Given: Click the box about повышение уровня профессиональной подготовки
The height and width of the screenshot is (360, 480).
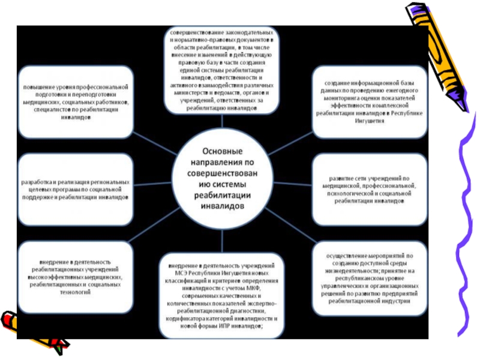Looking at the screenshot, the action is click(76, 101).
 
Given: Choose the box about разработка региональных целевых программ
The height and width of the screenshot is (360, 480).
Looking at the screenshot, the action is click(76, 188).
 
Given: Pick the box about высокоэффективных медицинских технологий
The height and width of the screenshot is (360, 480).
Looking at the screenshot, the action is click(76, 277).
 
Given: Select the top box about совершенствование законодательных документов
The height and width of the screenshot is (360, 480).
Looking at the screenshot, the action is click(222, 70).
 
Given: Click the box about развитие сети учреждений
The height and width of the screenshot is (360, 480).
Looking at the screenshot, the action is click(369, 188).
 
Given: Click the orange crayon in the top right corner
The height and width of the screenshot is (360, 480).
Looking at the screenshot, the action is click(432, 48).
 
